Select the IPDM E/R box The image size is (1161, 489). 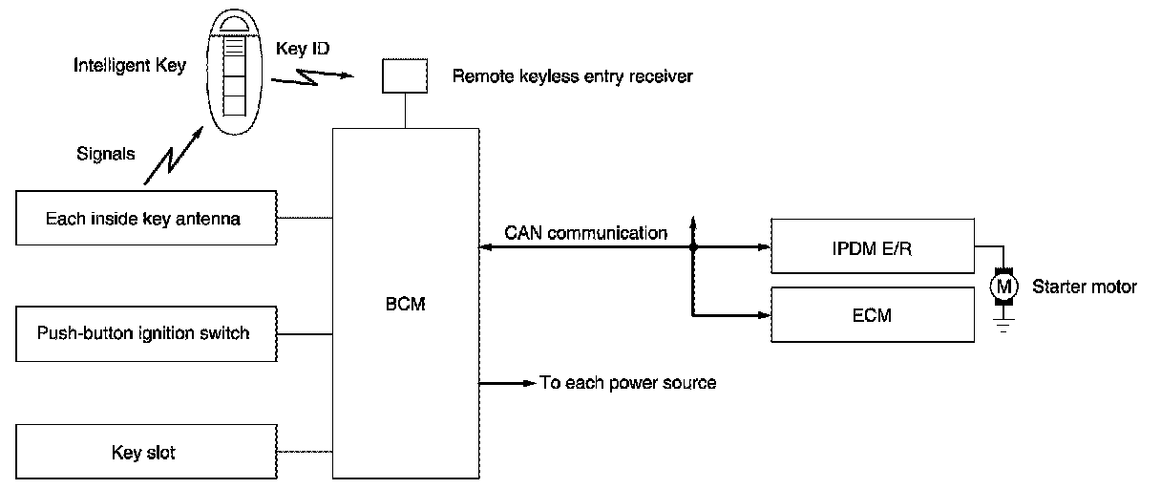pyautogui.click(x=871, y=246)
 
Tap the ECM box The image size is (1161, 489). pyautogui.click(x=871, y=314)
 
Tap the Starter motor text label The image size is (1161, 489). pyautogui.click(x=1085, y=286)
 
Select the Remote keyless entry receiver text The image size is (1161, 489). pyautogui.click(x=572, y=76)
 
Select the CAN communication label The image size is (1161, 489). pyautogui.click(x=585, y=232)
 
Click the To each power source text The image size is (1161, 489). pyautogui.click(x=627, y=383)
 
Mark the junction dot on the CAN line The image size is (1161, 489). pyautogui.click(x=693, y=247)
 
